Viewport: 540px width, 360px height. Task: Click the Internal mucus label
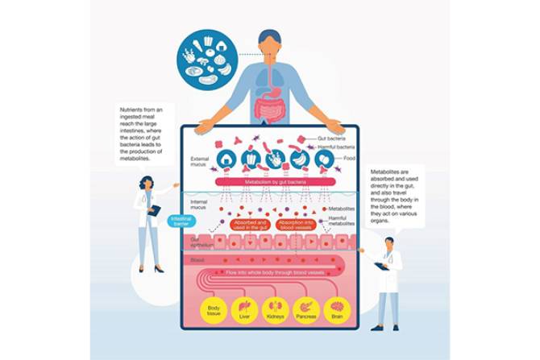pyautogui.click(x=200, y=205)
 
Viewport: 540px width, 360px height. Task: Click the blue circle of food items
pyautogui.click(x=206, y=58)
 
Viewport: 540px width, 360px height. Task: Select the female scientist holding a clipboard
pyautogui.click(x=148, y=221)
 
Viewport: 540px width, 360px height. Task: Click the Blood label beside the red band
pyautogui.click(x=197, y=260)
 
